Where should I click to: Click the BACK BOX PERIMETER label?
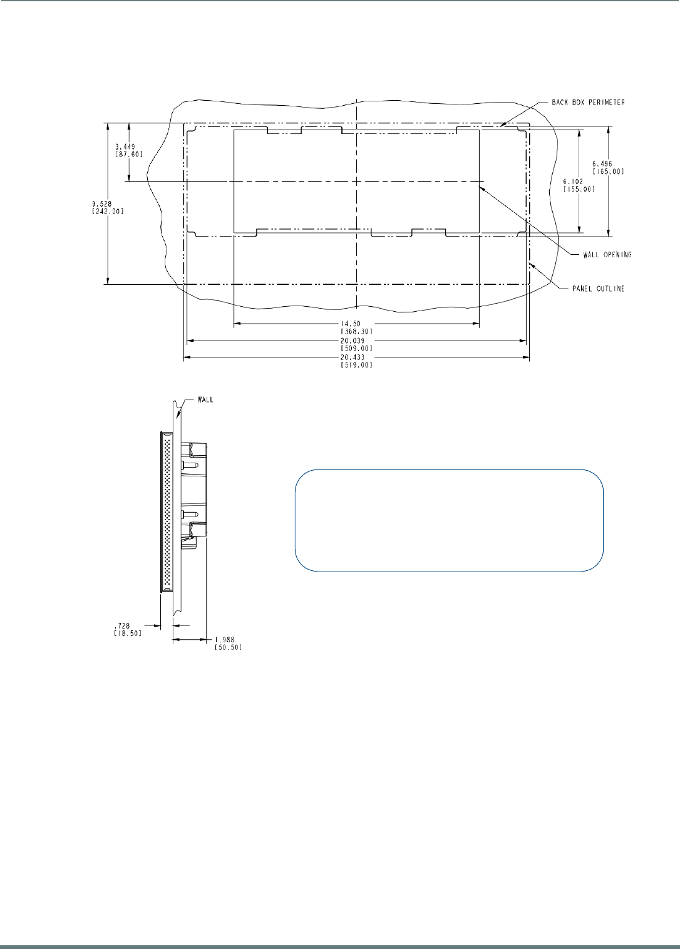588,102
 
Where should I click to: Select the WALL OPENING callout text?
607,255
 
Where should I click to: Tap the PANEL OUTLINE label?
598,289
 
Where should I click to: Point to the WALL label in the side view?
205,399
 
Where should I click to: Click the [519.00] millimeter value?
356,365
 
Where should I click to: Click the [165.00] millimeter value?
608,172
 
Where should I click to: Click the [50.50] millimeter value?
228,647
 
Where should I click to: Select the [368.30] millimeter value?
356,331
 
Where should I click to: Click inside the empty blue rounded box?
449,520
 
